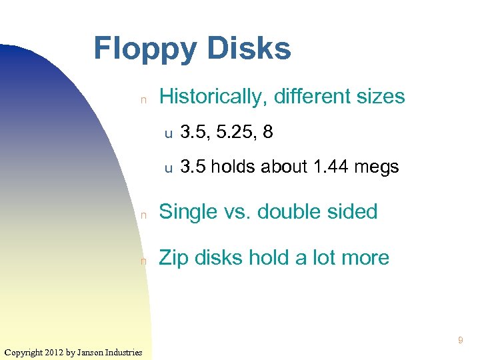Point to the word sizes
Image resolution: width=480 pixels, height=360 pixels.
coord(379,97)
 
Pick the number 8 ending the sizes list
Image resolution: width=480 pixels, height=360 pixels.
coord(267,132)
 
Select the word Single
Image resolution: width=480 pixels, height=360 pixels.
coord(188,212)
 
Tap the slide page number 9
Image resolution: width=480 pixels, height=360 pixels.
coord(460,341)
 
